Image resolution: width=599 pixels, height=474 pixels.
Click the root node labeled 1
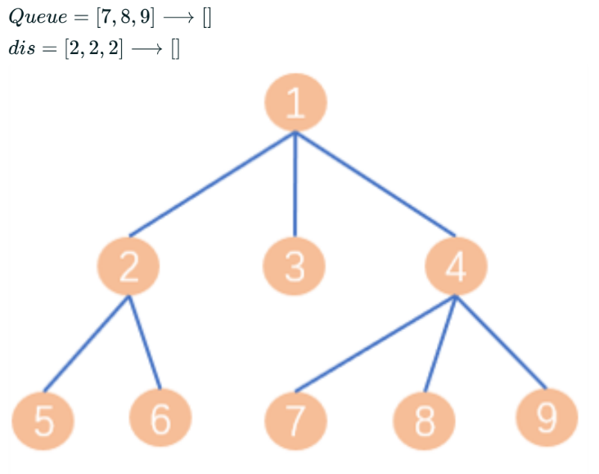pos(295,102)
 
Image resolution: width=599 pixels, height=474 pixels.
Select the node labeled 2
pos(128,267)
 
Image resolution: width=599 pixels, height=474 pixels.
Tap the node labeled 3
pos(295,267)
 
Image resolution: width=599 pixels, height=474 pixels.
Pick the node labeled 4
pos(457,267)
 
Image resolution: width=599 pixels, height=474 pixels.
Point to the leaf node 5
pos(43,420)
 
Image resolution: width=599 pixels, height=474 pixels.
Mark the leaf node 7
pos(295,420)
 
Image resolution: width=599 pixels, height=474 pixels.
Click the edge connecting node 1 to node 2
pos(211,184)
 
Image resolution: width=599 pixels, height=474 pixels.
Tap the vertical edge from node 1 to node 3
pos(295,184)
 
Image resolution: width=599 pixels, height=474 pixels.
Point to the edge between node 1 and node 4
pos(375,183)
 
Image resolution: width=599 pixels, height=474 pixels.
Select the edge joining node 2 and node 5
pos(86,343)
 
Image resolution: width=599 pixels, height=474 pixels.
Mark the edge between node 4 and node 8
pos(440,344)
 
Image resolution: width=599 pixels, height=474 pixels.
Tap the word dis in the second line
pos(22,50)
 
